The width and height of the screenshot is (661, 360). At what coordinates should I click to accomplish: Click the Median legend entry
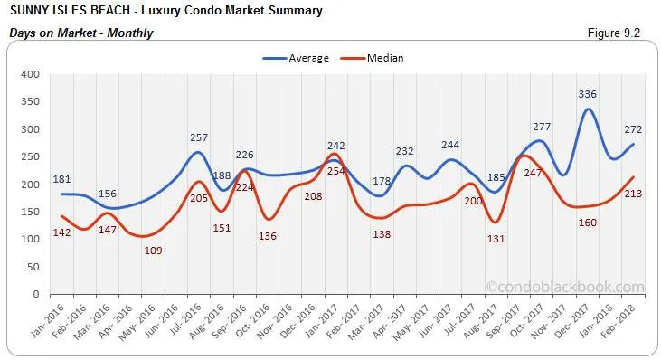coord(383,58)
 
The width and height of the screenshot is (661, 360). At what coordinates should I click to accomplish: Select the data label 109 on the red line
coord(154,251)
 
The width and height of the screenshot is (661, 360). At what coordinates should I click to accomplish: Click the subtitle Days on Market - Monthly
coord(80,33)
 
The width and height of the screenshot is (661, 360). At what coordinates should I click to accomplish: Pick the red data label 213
coord(634,194)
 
